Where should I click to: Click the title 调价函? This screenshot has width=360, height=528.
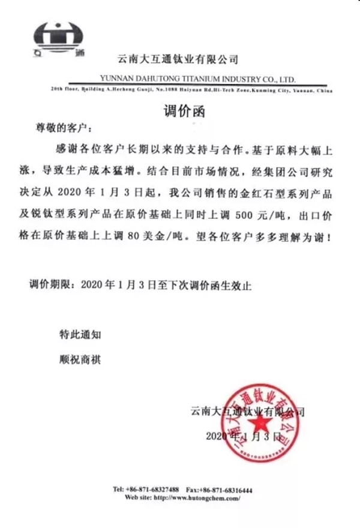click(x=179, y=110)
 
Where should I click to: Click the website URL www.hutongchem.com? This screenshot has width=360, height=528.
click(x=197, y=498)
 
